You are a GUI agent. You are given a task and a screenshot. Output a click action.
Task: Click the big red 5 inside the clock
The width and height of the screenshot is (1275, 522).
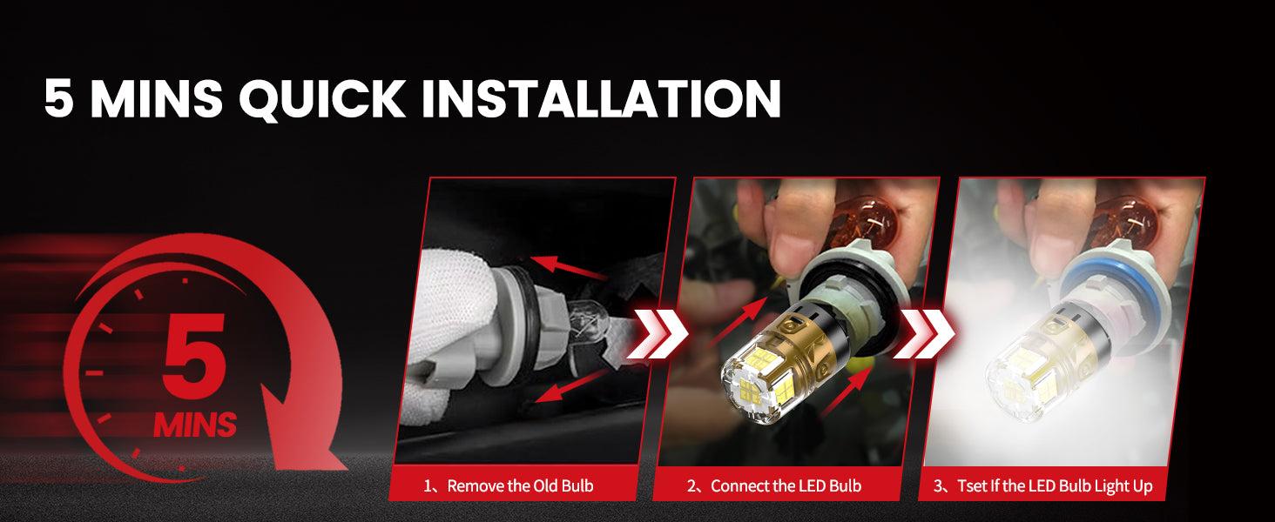193,355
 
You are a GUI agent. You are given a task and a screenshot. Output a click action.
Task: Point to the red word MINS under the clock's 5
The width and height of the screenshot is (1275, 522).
195,425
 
